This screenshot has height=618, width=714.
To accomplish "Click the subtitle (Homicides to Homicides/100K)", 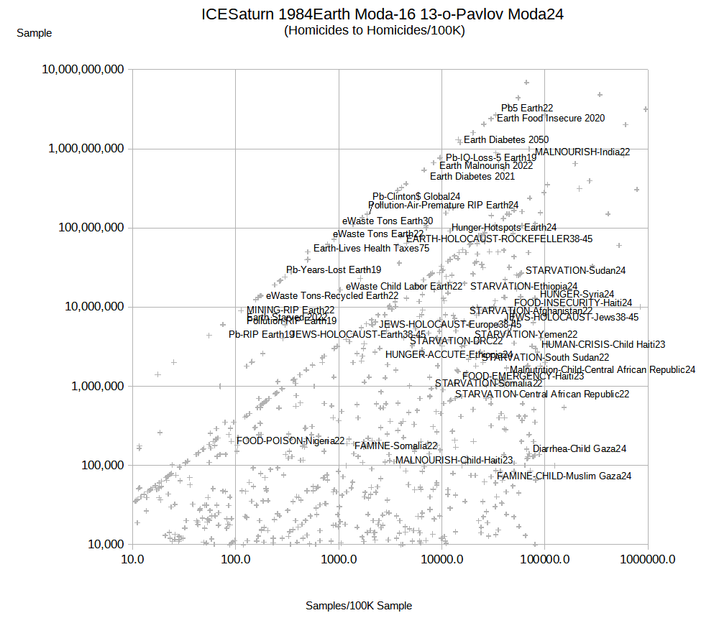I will (374, 30).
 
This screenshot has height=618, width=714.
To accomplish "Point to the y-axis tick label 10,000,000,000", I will (83, 70).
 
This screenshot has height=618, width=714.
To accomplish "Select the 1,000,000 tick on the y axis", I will (95, 386).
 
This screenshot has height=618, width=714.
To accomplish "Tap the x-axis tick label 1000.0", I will (339, 560).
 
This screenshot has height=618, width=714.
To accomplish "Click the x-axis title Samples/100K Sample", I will (359, 606).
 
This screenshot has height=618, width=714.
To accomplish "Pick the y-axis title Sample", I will (34, 32).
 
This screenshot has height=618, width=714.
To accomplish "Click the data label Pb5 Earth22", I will (527, 108).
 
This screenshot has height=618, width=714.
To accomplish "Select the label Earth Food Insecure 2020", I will (551, 118).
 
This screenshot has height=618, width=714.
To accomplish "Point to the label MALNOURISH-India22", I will (582, 152).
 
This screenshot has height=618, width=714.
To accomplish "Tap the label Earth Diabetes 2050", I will (506, 139).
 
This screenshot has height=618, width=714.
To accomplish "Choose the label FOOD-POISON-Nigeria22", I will (290, 441).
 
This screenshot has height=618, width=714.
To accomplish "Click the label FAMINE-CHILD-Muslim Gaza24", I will (564, 476).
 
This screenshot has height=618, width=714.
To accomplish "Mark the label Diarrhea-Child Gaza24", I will (580, 448).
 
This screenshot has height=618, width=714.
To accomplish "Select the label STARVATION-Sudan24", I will (576, 270).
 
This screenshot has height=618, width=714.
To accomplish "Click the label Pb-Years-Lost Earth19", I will (334, 269).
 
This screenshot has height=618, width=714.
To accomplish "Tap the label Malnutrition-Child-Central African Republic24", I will (603, 369).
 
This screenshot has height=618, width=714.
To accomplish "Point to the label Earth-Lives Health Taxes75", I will (372, 248).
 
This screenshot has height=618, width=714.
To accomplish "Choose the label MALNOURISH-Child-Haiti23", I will (454, 460).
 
